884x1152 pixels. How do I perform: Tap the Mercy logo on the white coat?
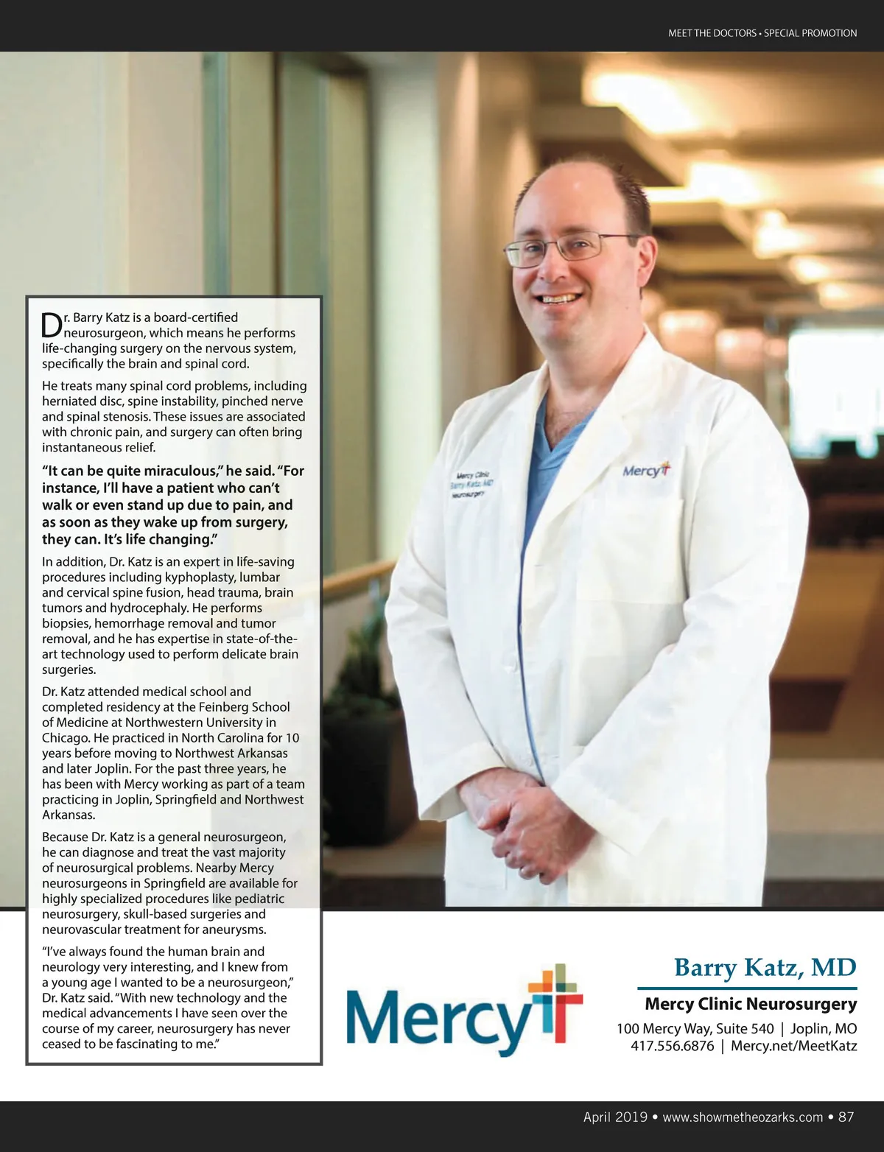tap(645, 470)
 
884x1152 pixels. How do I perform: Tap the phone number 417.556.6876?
tap(672, 1045)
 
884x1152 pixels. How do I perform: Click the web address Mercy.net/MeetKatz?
tap(793, 1045)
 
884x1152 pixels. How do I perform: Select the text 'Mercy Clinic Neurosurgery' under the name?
tap(750, 1004)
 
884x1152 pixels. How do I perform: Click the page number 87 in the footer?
tap(846, 1117)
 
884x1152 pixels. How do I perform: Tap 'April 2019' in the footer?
tap(614, 1117)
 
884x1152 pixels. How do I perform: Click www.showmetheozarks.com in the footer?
tap(743, 1117)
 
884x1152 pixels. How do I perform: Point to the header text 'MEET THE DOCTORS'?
tap(712, 33)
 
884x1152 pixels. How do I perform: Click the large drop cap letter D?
tap(52, 324)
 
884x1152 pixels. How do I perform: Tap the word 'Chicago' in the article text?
tap(65, 737)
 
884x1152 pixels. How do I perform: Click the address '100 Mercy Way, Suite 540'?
tap(695, 1028)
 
